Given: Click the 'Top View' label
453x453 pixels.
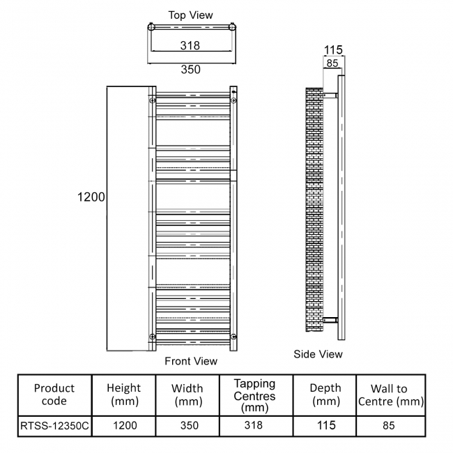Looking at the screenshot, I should [x=190, y=15].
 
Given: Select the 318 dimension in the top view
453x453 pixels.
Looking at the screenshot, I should [x=190, y=45].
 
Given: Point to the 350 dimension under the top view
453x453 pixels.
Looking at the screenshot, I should [x=190, y=69].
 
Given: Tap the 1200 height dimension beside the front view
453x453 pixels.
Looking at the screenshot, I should [x=91, y=197].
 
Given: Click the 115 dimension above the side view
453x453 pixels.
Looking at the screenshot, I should [x=334, y=50].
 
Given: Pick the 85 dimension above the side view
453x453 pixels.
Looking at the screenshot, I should [x=332, y=63].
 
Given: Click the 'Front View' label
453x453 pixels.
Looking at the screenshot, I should [x=191, y=361].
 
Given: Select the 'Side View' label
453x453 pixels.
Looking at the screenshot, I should [x=318, y=354].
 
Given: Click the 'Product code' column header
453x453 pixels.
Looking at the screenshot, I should [x=54, y=394].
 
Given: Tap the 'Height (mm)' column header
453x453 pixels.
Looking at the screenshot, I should [x=123, y=394].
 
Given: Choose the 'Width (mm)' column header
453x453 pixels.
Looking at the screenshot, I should [x=187, y=394].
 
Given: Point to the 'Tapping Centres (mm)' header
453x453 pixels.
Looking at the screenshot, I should [x=254, y=394].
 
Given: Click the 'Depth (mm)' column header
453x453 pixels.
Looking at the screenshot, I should [x=325, y=394].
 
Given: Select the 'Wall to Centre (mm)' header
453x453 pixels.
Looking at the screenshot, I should [x=390, y=394].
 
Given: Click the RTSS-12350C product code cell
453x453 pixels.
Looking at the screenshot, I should [x=54, y=425].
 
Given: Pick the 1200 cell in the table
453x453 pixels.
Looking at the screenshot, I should [x=123, y=425].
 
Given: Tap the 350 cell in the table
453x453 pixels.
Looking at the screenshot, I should [x=187, y=425].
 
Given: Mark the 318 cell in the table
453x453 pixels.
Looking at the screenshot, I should [x=254, y=425].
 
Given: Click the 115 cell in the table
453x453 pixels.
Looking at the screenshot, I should [x=325, y=425].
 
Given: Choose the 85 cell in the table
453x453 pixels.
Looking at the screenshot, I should [x=390, y=425].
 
